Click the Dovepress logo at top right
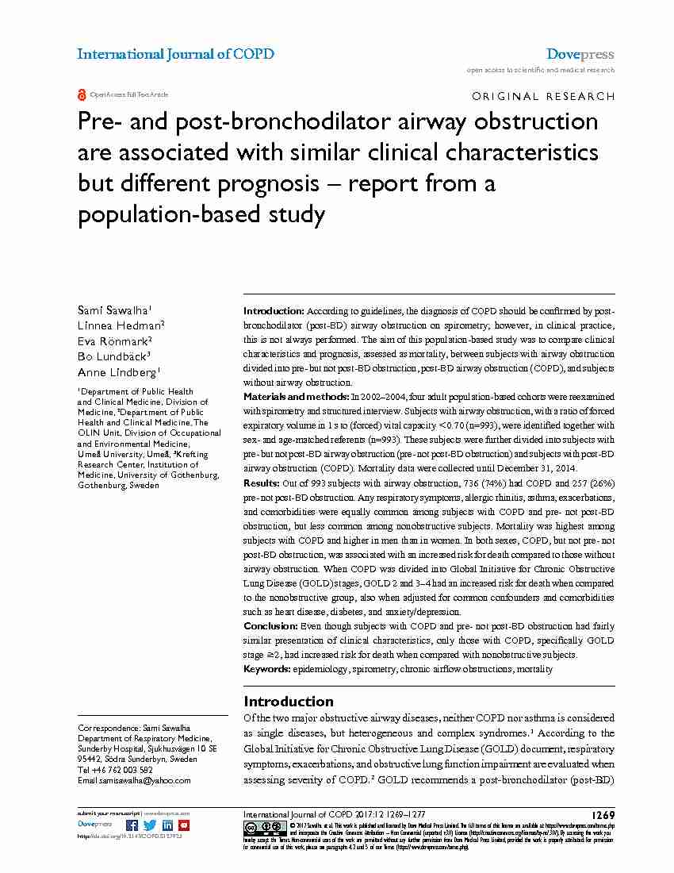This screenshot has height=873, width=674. point(580,54)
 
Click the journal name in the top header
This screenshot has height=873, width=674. point(175,54)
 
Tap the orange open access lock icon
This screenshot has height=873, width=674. point(82,94)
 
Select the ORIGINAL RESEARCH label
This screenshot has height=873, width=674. point(542,96)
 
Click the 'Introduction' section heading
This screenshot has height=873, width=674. point(288,701)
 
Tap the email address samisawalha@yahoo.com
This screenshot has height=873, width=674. point(144,780)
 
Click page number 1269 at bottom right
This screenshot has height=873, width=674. point(602,815)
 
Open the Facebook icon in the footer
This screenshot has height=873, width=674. point(132,825)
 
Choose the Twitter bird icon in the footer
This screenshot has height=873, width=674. point(150,825)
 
